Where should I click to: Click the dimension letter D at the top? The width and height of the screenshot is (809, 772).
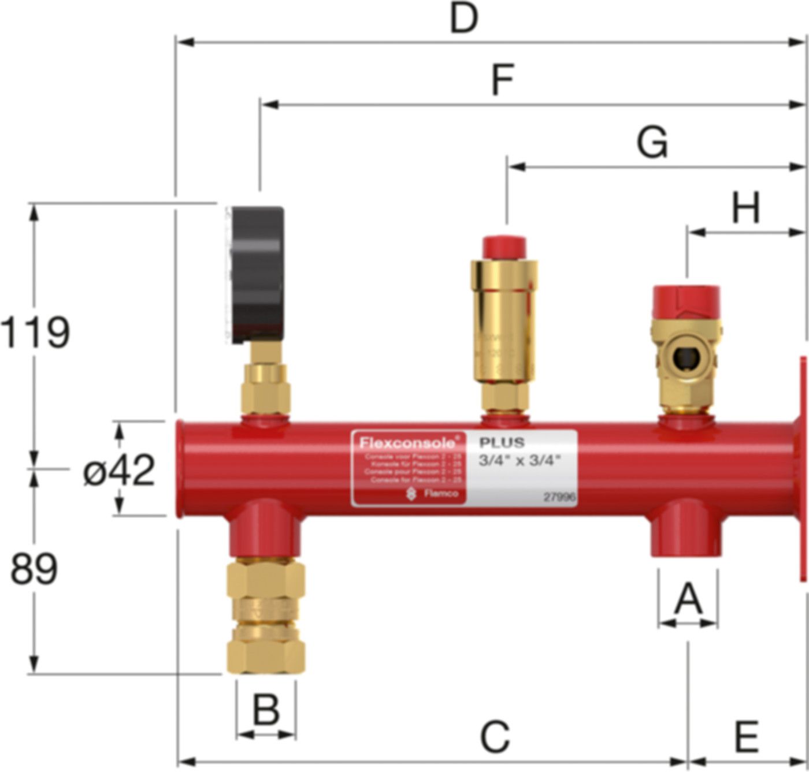click(x=464, y=18)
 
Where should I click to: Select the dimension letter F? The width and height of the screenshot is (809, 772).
click(x=502, y=81)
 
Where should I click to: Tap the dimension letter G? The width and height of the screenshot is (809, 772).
click(x=652, y=143)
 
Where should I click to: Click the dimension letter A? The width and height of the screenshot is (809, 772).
click(x=688, y=599)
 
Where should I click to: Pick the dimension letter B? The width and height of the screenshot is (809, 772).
click(x=266, y=710)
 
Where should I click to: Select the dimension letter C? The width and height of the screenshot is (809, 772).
click(x=495, y=737)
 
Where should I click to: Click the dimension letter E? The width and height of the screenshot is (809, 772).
click(x=746, y=737)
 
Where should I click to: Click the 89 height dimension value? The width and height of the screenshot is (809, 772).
click(x=34, y=569)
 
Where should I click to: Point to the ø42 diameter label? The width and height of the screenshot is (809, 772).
click(x=119, y=470)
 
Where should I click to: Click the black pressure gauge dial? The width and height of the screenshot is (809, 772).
click(x=258, y=275)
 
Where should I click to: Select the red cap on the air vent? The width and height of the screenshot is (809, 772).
click(x=504, y=247)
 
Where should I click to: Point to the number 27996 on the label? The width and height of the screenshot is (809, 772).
click(x=559, y=497)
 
